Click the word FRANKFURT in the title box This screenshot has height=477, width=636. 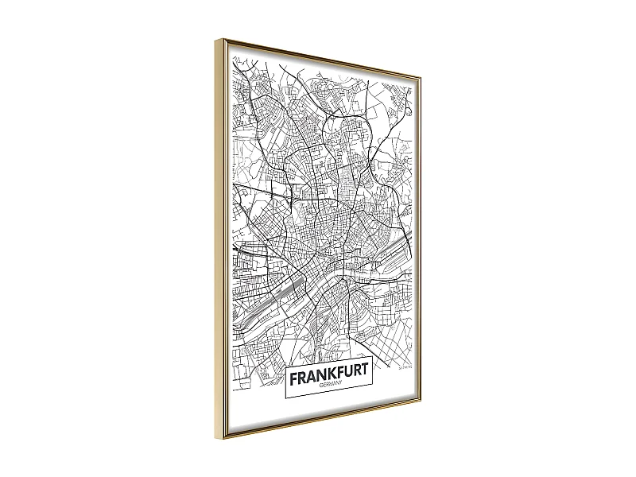pos(329,376)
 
